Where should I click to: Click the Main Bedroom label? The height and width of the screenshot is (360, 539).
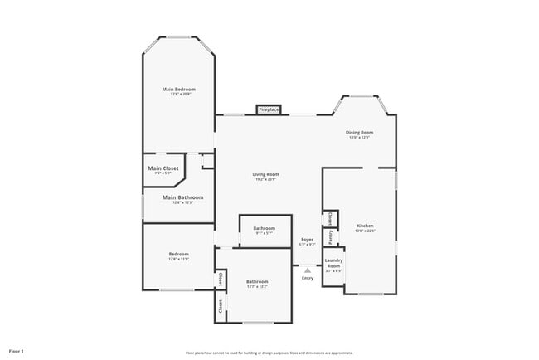pos(178,89)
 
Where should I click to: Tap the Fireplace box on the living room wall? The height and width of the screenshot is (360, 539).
pos(269,109)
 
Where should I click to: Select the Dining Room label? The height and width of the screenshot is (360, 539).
pos(359,132)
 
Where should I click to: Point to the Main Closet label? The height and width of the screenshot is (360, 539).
pos(163,168)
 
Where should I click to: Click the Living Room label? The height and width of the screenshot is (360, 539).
pos(265,174)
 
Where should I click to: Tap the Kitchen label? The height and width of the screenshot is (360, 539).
pos(365,226)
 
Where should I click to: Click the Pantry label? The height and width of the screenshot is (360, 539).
pos(330,237)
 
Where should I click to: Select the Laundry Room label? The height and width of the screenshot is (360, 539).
pos(333,262)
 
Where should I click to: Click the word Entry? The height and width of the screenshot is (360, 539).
pos(308,278)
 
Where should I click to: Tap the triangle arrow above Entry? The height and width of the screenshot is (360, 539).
pos(308,270)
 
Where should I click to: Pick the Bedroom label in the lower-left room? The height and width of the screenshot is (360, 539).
pos(179,254)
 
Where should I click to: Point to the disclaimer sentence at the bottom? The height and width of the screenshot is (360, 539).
pos(269,352)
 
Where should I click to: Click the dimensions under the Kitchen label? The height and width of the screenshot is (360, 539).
pos(365,231)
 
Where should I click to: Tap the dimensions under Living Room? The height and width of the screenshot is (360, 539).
pos(265,179)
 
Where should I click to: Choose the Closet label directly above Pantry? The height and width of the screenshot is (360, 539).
pos(330,218)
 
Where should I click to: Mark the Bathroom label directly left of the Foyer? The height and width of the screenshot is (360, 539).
pos(265,228)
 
